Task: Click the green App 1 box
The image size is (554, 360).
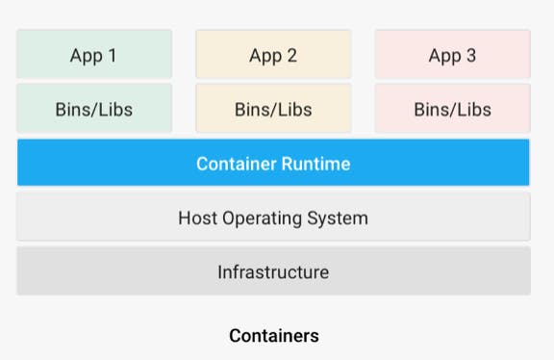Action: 93,54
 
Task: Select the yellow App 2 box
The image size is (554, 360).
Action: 273,54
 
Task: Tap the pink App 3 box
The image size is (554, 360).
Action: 452,54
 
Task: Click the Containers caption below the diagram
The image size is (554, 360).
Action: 273,336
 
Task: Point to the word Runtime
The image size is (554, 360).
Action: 315,164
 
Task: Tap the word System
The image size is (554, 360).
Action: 339,219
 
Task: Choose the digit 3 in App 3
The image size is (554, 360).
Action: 470,55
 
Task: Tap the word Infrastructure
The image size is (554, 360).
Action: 273,272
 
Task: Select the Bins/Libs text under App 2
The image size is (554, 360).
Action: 273,109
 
